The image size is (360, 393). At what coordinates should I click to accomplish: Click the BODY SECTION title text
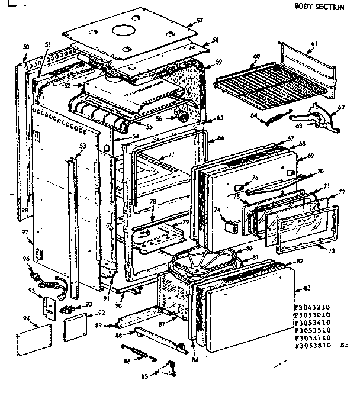point(320,7)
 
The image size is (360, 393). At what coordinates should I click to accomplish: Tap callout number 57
point(200,20)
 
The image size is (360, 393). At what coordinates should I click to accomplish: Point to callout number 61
point(314,43)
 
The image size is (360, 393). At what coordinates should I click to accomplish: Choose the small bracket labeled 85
point(169,368)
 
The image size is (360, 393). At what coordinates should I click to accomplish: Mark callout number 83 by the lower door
point(306,287)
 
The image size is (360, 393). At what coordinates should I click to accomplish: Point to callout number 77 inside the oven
point(171,156)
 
